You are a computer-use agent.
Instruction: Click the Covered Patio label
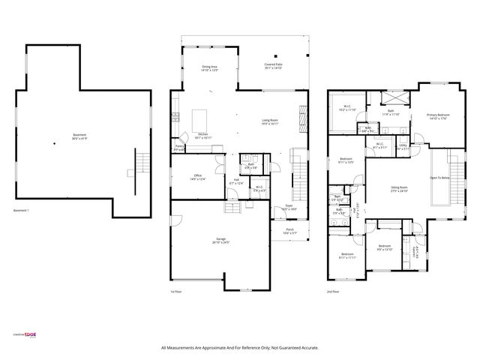tap(272, 65)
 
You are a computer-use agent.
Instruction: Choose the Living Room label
tap(269, 121)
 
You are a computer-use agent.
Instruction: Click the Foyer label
tap(288, 207)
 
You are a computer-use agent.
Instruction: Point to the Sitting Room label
tap(399, 188)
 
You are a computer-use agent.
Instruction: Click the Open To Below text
tap(439, 178)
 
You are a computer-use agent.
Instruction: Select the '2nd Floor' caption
tap(332, 292)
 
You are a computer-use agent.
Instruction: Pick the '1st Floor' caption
tap(176, 292)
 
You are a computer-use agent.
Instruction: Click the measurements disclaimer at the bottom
tap(240, 348)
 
